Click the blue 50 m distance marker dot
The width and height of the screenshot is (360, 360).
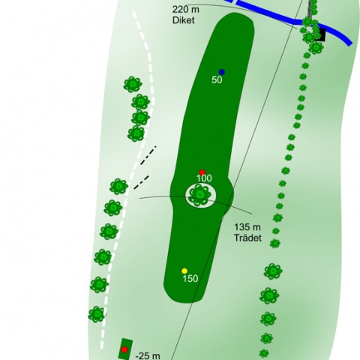point(222,72)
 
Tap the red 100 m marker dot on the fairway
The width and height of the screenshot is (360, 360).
point(202,172)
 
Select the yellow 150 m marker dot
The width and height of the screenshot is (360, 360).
point(184,271)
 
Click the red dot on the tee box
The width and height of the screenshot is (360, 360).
point(124,349)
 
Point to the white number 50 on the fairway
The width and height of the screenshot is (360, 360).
point(217,80)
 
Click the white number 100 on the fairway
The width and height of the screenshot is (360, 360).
point(204,178)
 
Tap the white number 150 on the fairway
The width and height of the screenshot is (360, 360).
point(190,278)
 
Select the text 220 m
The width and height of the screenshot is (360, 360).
point(186,10)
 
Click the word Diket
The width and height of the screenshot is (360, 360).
point(183,20)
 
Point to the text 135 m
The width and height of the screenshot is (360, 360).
point(247,227)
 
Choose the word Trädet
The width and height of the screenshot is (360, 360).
point(247,238)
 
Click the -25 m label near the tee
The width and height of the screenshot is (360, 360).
point(148,355)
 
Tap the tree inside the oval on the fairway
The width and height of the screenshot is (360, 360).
point(199,195)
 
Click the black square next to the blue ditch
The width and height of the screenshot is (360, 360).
point(320,34)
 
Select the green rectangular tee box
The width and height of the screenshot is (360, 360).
point(125,349)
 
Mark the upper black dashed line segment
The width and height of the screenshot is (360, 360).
point(148,155)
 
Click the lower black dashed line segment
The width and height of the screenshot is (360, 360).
point(142,182)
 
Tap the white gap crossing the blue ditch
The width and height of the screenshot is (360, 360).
point(235,1)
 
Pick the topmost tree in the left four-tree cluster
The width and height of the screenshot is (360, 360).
point(133,84)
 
